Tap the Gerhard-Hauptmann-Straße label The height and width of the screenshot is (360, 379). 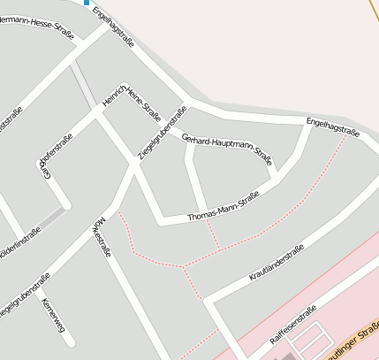coord(225,149)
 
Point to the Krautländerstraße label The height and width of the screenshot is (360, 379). coord(277,263)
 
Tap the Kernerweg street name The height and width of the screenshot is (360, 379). coord(47,313)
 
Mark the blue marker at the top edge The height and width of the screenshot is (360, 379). coord(87,3)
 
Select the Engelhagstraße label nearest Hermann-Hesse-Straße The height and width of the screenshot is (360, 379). coord(114,28)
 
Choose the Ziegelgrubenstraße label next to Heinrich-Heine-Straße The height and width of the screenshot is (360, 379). coord(163,133)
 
